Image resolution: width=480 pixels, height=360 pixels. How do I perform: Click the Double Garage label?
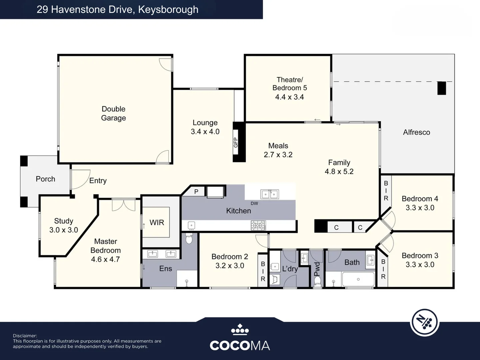click(x=113, y=113)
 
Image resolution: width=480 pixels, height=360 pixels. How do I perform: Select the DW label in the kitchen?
click(x=254, y=203)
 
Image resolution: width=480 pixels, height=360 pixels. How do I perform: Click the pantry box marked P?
click(x=196, y=191)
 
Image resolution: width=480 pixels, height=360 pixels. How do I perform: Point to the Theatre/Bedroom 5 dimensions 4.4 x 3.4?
click(x=289, y=97)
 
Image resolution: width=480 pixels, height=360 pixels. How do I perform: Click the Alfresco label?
click(x=416, y=132)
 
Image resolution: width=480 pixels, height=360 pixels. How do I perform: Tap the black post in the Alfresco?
click(x=441, y=88)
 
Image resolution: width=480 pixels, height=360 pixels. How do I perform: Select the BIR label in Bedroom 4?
click(x=386, y=191)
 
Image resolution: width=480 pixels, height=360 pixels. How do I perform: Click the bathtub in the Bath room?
click(x=358, y=279)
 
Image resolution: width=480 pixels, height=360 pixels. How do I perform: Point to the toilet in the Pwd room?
click(x=317, y=282)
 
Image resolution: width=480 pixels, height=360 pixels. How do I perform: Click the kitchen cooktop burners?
click(x=258, y=226)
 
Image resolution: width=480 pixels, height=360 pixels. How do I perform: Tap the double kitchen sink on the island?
click(x=270, y=194)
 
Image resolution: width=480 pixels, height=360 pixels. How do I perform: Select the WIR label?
click(x=157, y=222)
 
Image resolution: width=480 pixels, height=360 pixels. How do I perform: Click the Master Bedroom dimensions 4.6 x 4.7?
click(x=105, y=259)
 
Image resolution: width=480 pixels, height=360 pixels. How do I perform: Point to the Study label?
click(x=63, y=221)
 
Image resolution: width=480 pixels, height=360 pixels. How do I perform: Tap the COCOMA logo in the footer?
click(x=240, y=338)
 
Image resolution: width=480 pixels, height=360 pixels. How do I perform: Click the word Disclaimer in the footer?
click(x=25, y=336)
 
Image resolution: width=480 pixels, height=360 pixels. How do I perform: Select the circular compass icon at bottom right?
click(x=424, y=322)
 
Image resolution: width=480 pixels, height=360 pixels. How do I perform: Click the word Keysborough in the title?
click(x=168, y=9)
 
